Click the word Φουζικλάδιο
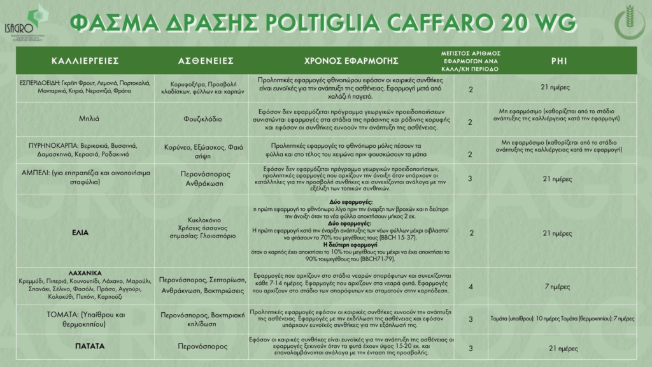click(203, 118)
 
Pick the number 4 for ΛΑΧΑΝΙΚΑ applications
click(471, 287)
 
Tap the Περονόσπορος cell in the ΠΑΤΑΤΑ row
click(203, 347)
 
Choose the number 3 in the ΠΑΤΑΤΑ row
click(471, 348)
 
